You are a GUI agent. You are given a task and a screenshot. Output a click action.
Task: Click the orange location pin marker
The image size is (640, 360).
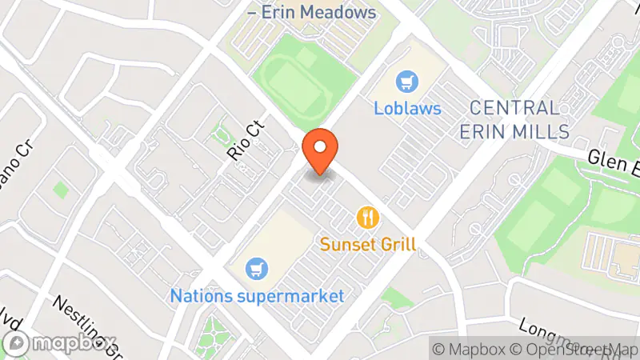pos(321,150)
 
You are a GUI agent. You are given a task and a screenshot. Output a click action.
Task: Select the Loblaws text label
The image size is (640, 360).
pos(408,107)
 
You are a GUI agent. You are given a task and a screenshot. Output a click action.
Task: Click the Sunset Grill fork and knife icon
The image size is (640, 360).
pos(368,218)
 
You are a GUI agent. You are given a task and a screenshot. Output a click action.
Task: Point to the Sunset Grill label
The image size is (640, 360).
pos(368,244)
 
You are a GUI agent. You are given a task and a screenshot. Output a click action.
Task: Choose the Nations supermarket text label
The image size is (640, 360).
pos(257,295)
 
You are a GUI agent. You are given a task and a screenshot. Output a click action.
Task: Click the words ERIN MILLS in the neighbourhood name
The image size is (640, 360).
pos(514,131)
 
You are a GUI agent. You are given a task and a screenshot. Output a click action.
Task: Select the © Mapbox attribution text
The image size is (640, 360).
pos(469,349)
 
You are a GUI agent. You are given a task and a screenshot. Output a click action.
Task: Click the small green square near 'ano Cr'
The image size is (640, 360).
pos(60,190)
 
